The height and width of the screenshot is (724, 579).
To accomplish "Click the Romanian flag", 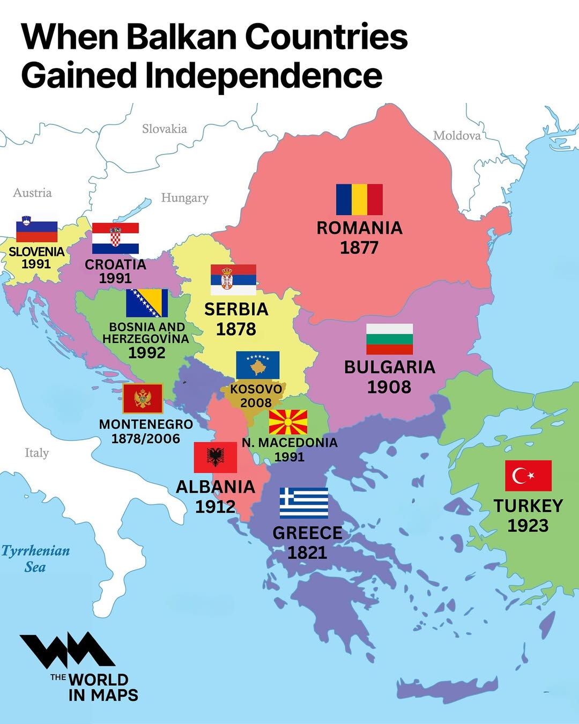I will point(359,200).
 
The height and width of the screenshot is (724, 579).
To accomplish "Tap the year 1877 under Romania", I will point(359,248).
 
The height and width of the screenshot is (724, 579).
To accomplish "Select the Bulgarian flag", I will point(389,339).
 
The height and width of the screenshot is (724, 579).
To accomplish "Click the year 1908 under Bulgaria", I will point(389,387).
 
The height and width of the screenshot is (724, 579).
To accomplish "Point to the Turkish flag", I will point(528,476).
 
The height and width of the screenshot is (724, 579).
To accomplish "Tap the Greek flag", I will point(304,503).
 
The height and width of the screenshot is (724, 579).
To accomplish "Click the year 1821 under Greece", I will point(307,552).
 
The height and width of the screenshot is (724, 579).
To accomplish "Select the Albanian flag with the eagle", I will point(215,457).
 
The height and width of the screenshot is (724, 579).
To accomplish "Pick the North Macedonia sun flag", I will point(288,422).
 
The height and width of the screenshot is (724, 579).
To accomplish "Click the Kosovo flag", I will point(258,366).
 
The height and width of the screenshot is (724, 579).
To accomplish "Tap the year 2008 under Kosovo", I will point(256,403).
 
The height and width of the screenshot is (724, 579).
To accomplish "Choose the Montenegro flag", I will point(143,398).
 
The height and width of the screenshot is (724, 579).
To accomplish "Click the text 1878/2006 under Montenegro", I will point(145,439).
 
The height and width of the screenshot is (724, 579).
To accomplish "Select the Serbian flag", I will point(233,279).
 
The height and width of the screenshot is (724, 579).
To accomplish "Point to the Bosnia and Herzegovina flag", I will point(147,303).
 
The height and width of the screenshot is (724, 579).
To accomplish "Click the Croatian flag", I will point(115,238).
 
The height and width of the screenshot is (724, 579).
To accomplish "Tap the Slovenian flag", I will point(36,230).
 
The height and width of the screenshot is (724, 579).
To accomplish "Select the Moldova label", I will point(457,136).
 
